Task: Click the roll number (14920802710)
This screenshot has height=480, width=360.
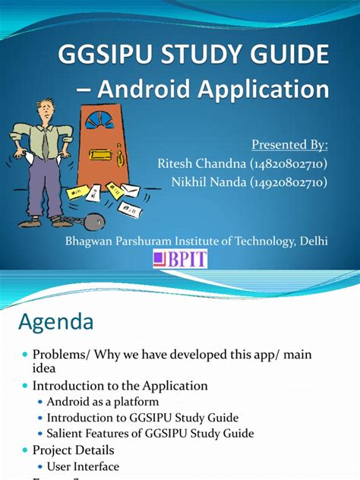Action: click(289, 182)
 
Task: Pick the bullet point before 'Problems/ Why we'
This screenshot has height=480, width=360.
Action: click(25, 355)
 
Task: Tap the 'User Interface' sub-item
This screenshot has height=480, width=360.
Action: click(83, 466)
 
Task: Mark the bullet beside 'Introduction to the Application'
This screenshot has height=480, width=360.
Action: click(25, 386)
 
